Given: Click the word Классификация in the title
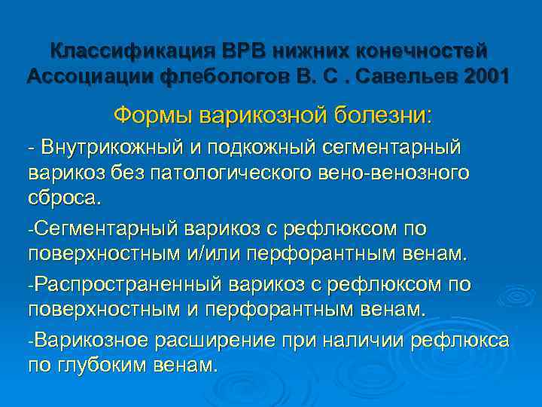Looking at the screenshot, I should (132, 51).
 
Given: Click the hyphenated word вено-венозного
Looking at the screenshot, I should (406, 173).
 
